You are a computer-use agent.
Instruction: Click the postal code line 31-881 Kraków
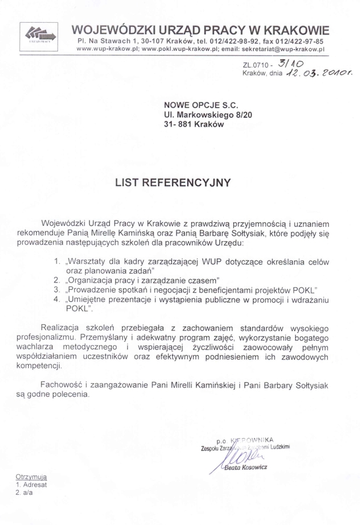[x=194, y=126]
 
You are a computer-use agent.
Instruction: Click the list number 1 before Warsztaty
[x=57, y=261]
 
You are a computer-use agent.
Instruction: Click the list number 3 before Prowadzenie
[x=57, y=289]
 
